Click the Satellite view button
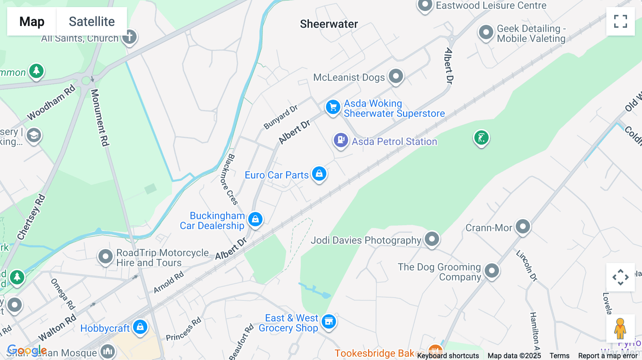click(x=92, y=21)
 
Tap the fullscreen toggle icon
click(x=620, y=21)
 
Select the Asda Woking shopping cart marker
click(x=333, y=107)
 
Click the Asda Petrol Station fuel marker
click(x=341, y=140)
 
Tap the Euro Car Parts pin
click(x=319, y=174)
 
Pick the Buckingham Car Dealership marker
click(x=255, y=219)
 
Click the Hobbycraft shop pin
click(x=140, y=326)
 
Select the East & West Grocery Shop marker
click(x=328, y=322)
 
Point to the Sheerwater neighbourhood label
click(x=329, y=24)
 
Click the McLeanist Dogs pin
click(x=396, y=76)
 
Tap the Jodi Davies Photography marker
click(x=432, y=239)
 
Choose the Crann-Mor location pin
click(x=523, y=226)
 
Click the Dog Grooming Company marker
click(x=492, y=271)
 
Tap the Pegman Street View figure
click(x=620, y=329)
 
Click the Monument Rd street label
click(x=100, y=118)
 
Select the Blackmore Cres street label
click(x=228, y=179)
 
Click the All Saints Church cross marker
click(x=129, y=37)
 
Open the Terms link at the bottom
click(x=559, y=356)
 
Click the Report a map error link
click(x=608, y=356)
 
